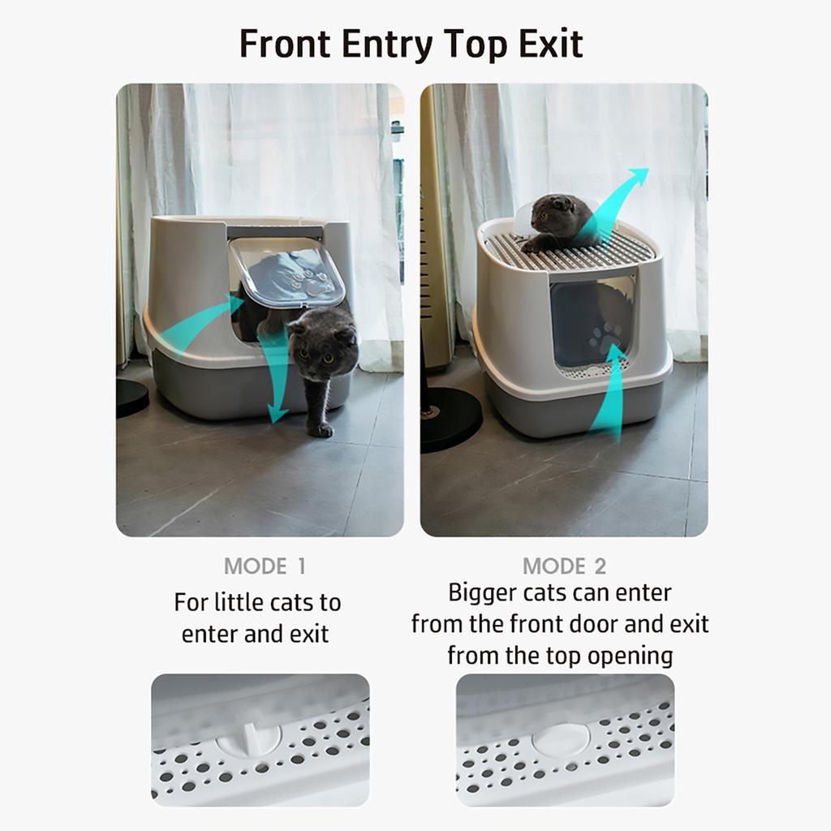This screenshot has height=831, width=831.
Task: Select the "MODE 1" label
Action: point(265,566)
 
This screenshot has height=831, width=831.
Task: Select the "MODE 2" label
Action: point(564,566)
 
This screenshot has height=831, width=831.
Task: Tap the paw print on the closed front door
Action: point(605,335)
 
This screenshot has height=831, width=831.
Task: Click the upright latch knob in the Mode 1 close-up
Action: point(250,735)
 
